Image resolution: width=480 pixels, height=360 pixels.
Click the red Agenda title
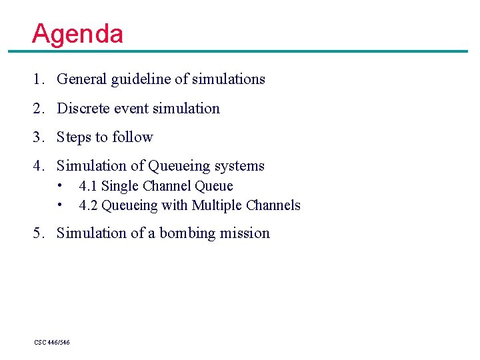point(77,33)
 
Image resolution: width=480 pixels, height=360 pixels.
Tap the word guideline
point(141,79)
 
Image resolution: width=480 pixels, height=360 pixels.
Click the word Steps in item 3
point(74,137)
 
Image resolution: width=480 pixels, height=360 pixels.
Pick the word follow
point(133,137)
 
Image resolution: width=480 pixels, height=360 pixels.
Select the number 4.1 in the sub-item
point(88,186)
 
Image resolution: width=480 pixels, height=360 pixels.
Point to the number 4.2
point(88,205)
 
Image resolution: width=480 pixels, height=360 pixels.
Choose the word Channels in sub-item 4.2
point(273,205)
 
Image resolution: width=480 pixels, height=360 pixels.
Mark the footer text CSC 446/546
point(52,342)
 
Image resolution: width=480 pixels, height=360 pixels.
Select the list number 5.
point(37,233)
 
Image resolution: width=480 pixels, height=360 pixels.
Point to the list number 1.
point(37,79)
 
